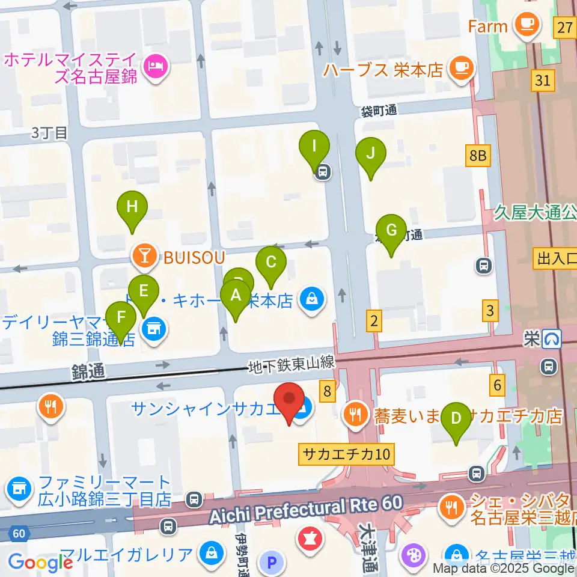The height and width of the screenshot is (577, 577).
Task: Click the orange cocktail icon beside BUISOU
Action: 144,257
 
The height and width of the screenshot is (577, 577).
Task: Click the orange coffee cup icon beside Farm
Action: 529,25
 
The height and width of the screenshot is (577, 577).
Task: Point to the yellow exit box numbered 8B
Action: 477,157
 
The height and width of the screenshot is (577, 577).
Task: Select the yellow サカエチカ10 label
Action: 346,454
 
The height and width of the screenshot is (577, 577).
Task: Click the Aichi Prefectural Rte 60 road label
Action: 304,507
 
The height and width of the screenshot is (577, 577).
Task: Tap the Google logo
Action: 40,562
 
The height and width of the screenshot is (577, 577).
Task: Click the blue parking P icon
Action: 272,562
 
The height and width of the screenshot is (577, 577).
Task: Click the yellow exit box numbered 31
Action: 543,80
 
